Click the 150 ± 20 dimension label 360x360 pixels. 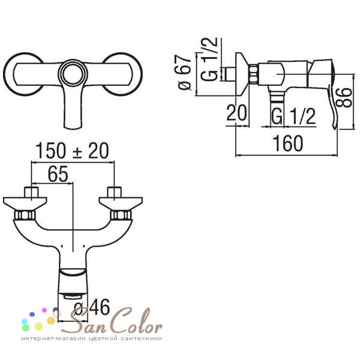(72, 151)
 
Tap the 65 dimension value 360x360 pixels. (58, 174)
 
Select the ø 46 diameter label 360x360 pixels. (92, 307)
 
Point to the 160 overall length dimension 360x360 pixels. (287, 143)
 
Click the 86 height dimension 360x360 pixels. (344, 97)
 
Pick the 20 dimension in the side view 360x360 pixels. (236, 113)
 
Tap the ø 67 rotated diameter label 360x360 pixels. (184, 72)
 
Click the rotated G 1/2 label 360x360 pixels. (209, 59)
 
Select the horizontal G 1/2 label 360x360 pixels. (293, 116)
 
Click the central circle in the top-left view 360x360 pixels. (73, 73)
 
